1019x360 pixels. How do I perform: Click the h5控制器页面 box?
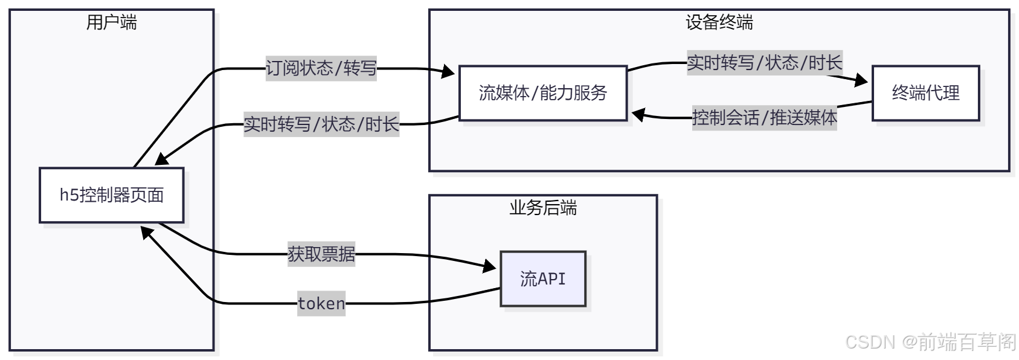[x=112, y=195]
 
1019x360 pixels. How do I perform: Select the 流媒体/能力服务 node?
[x=542, y=93]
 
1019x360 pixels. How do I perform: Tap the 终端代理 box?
[x=925, y=93]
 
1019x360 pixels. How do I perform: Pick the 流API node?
[x=542, y=279]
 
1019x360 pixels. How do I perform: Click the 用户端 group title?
[x=112, y=23]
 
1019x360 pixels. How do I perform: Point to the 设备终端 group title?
[x=719, y=23]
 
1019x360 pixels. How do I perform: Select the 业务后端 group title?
[x=542, y=208]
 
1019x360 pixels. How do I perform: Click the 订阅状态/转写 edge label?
[x=321, y=68]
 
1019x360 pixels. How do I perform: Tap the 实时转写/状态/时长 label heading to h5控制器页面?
[x=321, y=124]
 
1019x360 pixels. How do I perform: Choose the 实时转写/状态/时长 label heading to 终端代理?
[x=764, y=63]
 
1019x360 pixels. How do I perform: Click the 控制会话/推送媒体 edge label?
[x=764, y=117]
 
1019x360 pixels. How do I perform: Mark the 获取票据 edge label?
[x=321, y=254]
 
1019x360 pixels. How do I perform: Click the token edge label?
[x=321, y=303]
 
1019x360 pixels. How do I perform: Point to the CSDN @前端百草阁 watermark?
[x=930, y=342]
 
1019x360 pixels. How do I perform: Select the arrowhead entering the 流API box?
[x=490, y=266]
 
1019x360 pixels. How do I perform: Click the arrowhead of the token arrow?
[x=147, y=232]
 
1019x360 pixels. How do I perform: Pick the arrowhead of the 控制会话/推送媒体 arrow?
[x=638, y=114]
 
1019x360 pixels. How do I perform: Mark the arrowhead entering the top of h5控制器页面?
[x=161, y=159]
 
